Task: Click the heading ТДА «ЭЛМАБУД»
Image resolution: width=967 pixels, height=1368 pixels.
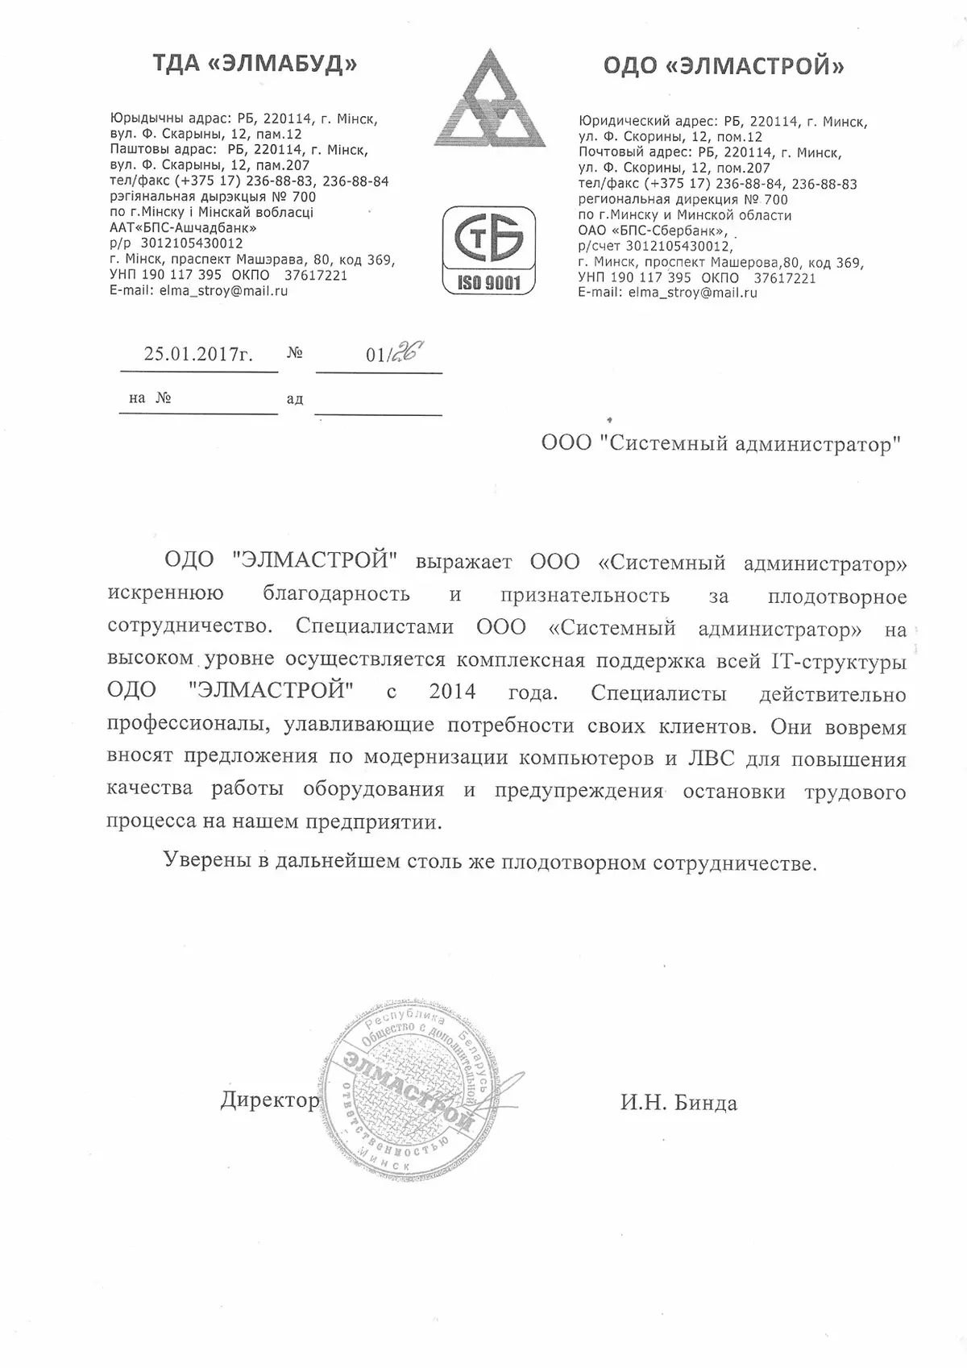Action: [x=255, y=64]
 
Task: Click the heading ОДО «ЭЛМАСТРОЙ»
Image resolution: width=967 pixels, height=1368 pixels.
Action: [x=724, y=66]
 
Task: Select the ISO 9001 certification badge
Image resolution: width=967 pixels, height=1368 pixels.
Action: [x=489, y=250]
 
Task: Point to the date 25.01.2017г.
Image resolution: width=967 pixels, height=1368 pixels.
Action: [x=198, y=354]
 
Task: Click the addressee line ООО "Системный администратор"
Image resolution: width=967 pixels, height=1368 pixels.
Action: [x=720, y=444]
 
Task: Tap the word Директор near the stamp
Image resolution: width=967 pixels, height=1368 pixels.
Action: [x=270, y=1100]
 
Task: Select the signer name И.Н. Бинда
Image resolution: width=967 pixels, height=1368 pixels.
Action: [x=679, y=1103]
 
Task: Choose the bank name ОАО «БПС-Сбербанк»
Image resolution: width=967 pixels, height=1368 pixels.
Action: [x=654, y=231]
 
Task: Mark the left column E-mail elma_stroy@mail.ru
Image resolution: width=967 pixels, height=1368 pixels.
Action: [x=198, y=291]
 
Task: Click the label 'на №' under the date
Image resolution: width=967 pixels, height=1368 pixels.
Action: [x=150, y=398]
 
